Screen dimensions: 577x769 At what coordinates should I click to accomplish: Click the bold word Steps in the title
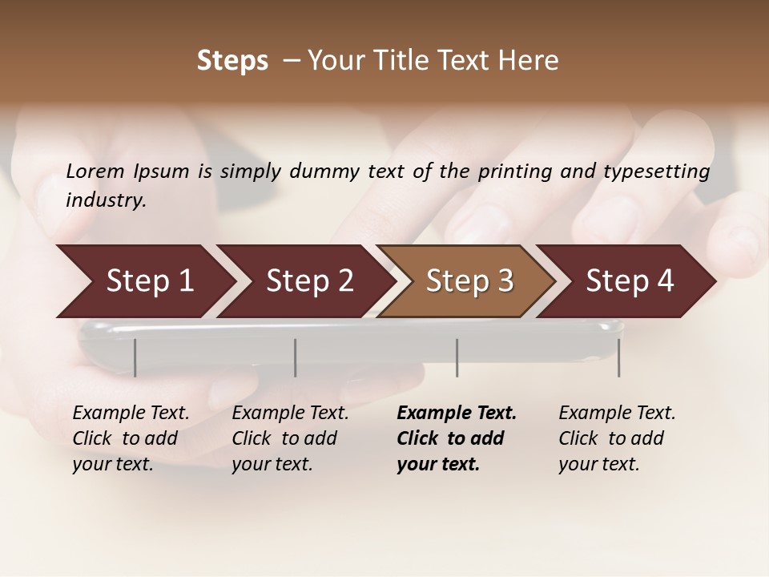[x=232, y=61]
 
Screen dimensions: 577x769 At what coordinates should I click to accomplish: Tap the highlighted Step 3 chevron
[x=469, y=281]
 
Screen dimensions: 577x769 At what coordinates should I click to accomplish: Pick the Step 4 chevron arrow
[x=630, y=281]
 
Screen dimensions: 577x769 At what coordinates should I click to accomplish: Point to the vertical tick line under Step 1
[x=135, y=357]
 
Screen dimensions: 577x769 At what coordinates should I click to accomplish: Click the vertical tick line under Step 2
[x=296, y=357]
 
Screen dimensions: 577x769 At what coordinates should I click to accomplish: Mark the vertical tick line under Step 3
[x=457, y=357]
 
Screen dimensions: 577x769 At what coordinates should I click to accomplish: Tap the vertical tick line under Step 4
[x=618, y=357]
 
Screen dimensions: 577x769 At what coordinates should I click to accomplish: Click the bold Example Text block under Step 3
[x=457, y=438]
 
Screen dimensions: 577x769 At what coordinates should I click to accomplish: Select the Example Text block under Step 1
[x=131, y=438]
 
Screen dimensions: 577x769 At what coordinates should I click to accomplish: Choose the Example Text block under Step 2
[x=290, y=438]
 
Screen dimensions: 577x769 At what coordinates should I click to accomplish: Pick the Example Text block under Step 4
[x=617, y=438]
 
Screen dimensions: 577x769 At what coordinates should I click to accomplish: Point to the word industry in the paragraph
[x=106, y=200]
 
